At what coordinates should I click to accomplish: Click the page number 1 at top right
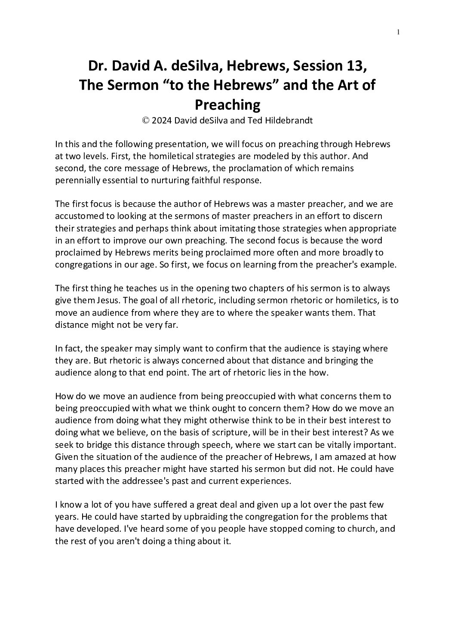tap(399, 31)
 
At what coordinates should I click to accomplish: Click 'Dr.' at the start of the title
tap(98, 66)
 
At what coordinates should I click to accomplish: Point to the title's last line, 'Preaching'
tap(227, 104)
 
